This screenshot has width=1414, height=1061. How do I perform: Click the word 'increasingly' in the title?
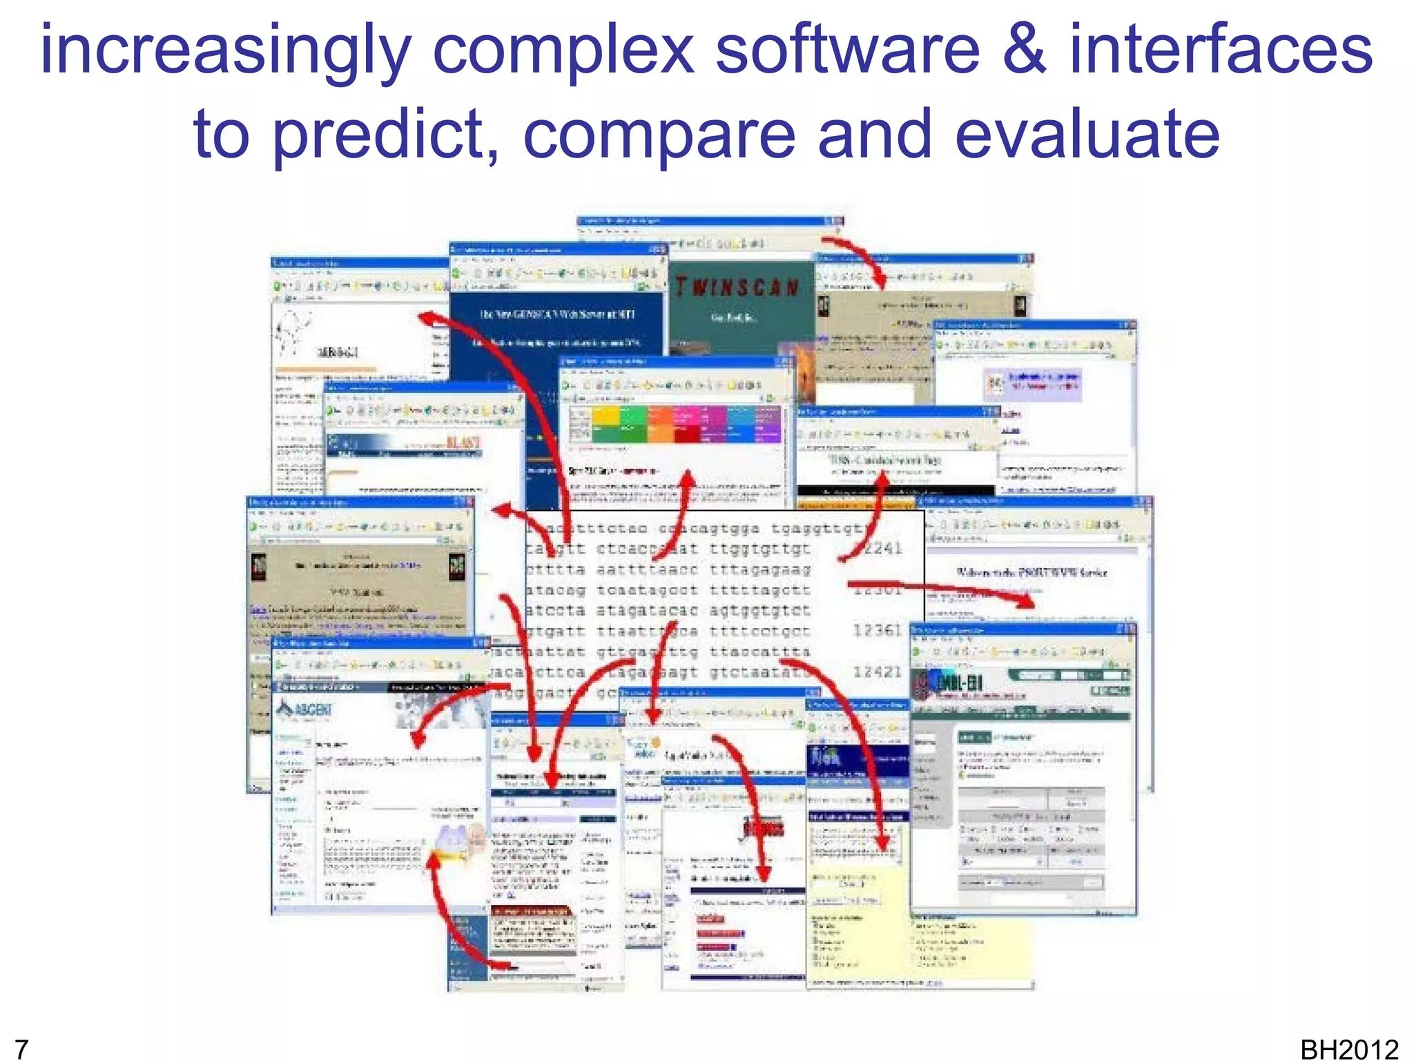[225, 52]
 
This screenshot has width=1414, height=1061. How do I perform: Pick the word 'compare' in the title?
[659, 135]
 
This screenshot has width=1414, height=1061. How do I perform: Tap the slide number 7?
[21, 1049]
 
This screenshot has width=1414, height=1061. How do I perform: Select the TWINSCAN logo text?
[737, 287]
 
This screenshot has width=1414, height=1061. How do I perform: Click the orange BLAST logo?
[463, 443]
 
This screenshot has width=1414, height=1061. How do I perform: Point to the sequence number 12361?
[877, 630]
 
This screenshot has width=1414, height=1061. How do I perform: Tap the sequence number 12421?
[877, 671]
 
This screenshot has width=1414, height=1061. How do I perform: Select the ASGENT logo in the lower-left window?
[304, 709]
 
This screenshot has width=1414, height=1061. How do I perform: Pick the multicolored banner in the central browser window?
[675, 424]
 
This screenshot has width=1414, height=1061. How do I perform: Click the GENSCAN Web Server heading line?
[556, 314]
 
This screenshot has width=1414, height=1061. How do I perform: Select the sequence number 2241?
[881, 548]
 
